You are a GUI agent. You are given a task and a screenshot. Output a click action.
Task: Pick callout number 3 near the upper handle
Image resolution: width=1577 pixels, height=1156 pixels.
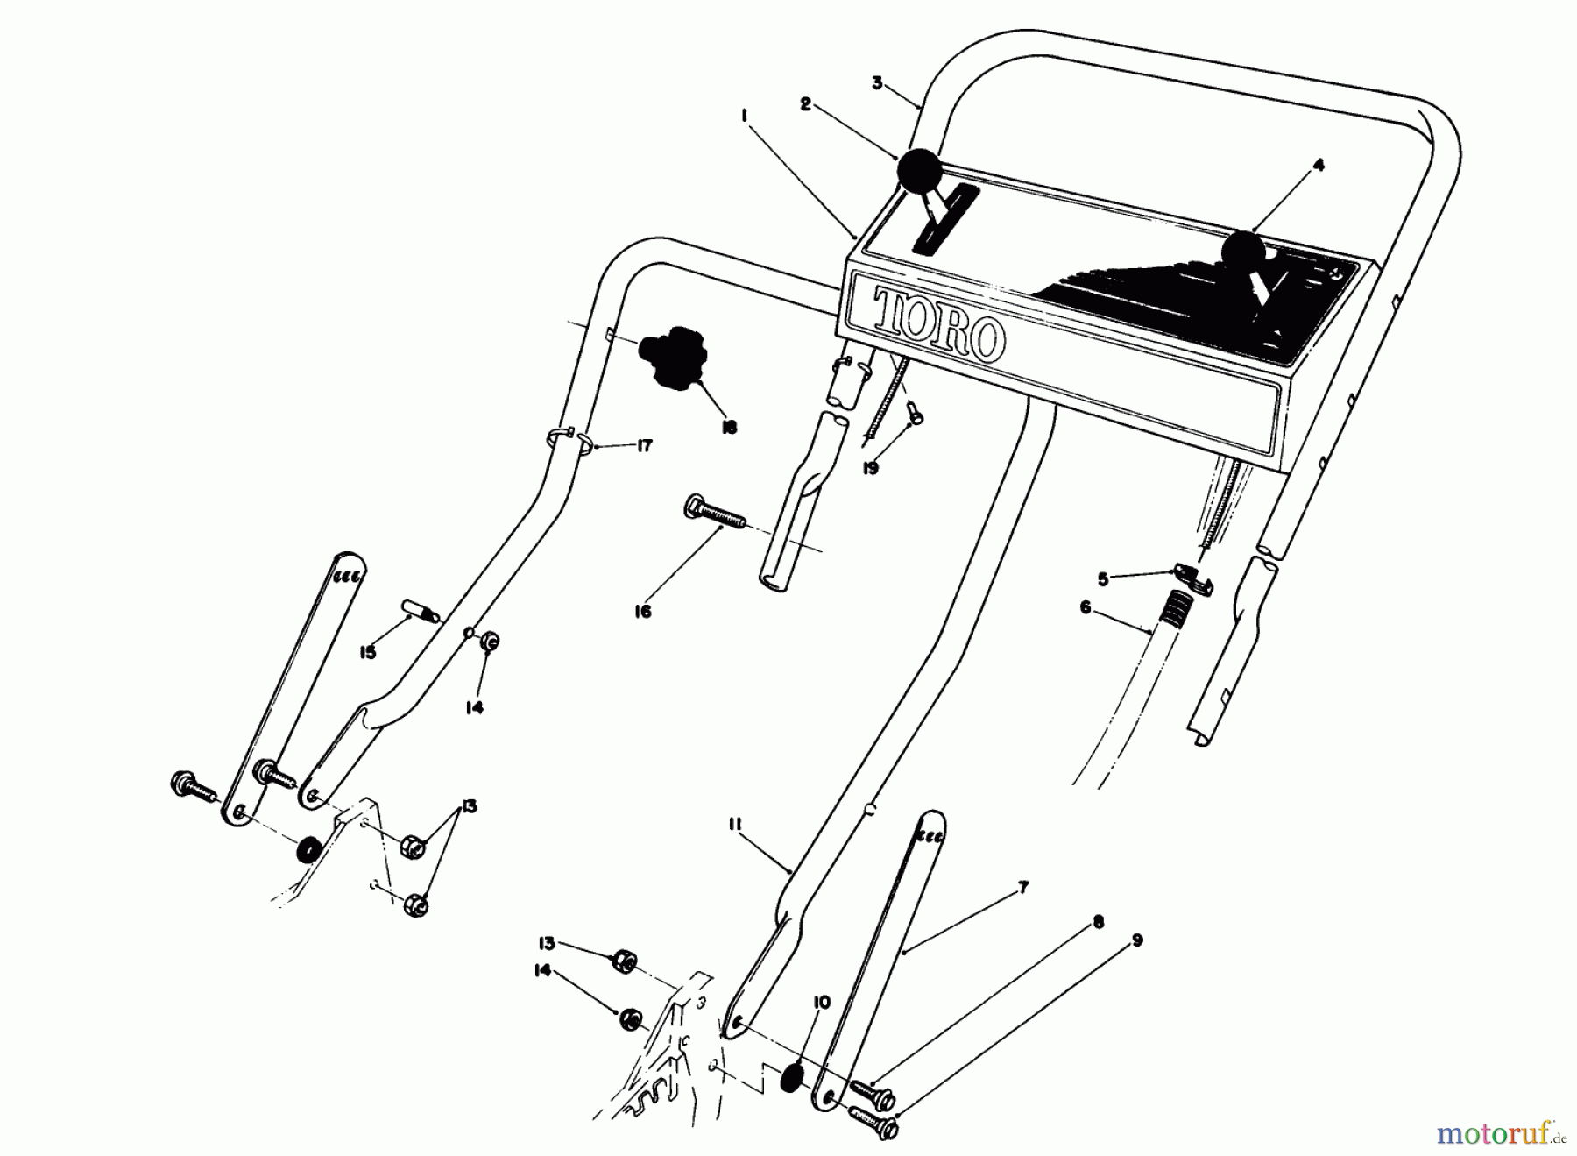pyautogui.click(x=877, y=83)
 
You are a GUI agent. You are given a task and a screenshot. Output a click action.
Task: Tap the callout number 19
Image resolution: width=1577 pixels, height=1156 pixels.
pyautogui.click(x=870, y=469)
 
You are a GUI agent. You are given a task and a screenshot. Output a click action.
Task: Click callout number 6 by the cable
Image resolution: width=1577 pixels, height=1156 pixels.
pyautogui.click(x=1085, y=606)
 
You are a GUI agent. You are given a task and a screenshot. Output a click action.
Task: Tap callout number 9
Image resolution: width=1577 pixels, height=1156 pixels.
pyautogui.click(x=1137, y=940)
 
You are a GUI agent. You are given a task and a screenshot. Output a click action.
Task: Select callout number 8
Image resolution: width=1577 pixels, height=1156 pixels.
pyautogui.click(x=1099, y=921)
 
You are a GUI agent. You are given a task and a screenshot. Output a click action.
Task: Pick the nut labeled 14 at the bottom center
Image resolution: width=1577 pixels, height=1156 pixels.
pyautogui.click(x=628, y=1018)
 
